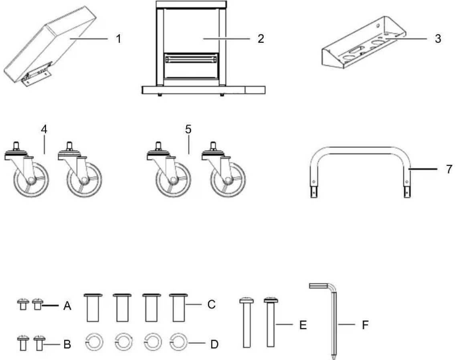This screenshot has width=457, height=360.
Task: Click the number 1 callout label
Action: (x=118, y=38)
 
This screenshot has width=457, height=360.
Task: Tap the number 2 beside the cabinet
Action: (x=261, y=38)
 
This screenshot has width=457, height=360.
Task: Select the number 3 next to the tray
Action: (x=438, y=38)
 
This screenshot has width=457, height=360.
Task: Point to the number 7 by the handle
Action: (x=449, y=169)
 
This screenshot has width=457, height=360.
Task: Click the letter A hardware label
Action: (x=67, y=306)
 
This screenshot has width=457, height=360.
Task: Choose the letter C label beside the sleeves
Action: (x=211, y=304)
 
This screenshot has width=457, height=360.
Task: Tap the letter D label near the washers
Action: (x=214, y=344)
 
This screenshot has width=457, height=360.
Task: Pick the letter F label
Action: (x=365, y=325)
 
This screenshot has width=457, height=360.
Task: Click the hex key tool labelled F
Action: (x=334, y=321)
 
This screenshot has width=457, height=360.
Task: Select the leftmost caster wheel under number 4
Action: (x=27, y=169)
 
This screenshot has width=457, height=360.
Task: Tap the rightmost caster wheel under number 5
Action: (x=224, y=169)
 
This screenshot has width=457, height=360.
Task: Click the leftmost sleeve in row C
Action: (x=93, y=307)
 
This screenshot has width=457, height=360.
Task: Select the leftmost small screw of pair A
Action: (x=23, y=304)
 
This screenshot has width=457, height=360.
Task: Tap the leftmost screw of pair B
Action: (x=23, y=343)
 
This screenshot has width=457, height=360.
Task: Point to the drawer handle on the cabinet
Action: (x=191, y=59)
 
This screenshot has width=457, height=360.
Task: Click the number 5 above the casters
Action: (x=188, y=129)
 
